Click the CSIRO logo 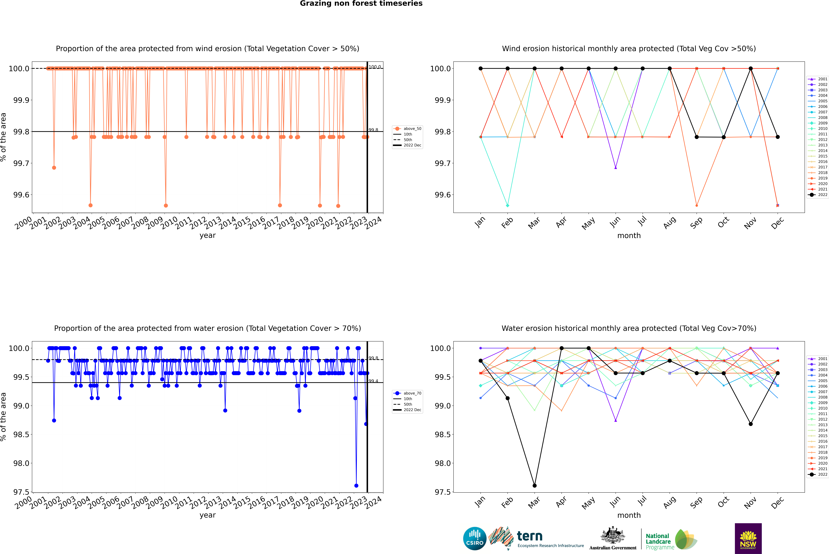tap(475, 538)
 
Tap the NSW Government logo tap(748, 538)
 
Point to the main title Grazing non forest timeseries tap(361, 4)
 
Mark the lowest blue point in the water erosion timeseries tap(356, 485)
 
